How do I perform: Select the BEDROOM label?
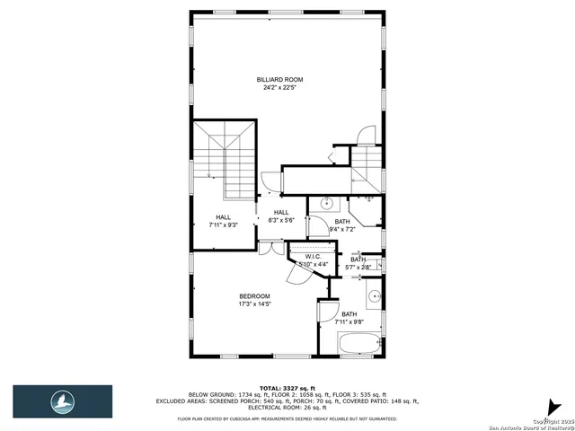point(254,296)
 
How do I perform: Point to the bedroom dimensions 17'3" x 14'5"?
point(254,304)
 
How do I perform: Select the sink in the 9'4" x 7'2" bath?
point(328,202)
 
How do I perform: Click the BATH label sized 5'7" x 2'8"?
point(358,259)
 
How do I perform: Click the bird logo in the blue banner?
point(61,400)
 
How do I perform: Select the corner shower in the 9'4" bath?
point(367,209)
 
